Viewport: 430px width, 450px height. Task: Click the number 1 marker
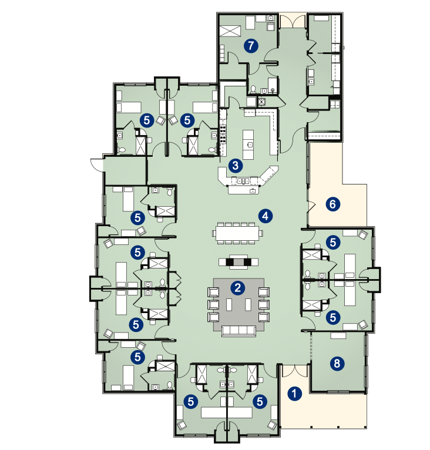(x=294, y=394)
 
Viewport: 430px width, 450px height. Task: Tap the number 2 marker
(x=238, y=288)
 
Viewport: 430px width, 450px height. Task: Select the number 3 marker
(x=236, y=166)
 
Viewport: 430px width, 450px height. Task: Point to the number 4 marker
(x=266, y=216)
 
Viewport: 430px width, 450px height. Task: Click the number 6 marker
(x=332, y=204)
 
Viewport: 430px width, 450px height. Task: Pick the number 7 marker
(x=251, y=46)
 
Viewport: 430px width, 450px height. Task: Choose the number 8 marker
(x=337, y=363)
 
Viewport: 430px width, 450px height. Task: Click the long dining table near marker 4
(x=237, y=233)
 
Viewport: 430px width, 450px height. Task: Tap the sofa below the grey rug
(x=238, y=331)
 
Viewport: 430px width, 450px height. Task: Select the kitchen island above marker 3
(x=248, y=145)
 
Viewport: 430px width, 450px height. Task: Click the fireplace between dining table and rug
(x=238, y=262)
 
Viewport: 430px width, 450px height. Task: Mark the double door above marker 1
(x=295, y=371)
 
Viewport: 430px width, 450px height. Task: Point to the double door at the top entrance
(x=293, y=21)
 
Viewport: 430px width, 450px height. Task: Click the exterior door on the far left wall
(x=97, y=164)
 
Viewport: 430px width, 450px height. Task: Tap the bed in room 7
(x=230, y=31)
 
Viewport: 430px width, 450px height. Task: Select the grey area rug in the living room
(x=238, y=304)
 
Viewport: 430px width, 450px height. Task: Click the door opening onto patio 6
(x=311, y=207)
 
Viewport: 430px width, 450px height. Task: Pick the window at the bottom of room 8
(x=338, y=391)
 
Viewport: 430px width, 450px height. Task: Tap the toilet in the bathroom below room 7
(x=253, y=89)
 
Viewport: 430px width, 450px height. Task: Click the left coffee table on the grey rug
(x=229, y=305)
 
